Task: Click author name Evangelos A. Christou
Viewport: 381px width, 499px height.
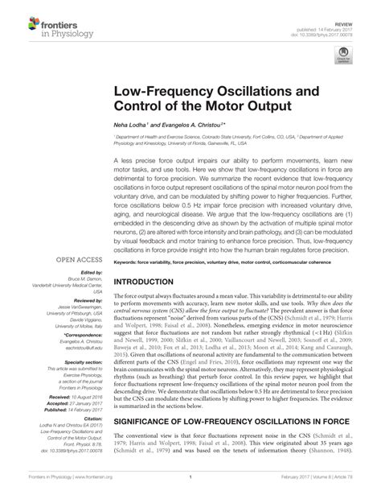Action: click(190, 128)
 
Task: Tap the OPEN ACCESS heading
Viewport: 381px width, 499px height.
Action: click(78, 260)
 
